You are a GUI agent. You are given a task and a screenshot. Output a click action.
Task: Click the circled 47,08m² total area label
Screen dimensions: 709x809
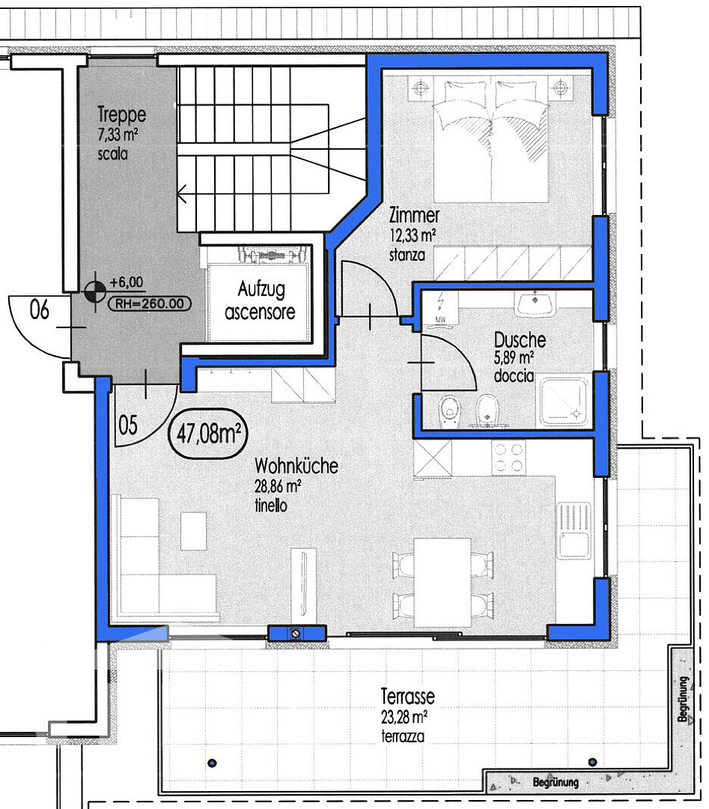tap(208, 434)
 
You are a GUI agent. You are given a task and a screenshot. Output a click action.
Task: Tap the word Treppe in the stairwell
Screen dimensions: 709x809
tap(122, 114)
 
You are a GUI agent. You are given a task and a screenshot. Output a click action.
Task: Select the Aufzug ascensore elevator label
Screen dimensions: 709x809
tap(260, 300)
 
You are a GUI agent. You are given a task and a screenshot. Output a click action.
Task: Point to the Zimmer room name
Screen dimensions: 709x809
tap(414, 215)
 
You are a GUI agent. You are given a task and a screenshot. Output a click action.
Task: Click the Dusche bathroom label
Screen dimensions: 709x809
tap(520, 340)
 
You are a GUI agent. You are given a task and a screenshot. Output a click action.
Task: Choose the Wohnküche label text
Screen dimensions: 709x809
tap(296, 466)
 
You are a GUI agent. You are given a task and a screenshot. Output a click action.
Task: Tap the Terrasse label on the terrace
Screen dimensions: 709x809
tap(408, 697)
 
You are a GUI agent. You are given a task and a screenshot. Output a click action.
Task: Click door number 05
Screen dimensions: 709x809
tap(128, 425)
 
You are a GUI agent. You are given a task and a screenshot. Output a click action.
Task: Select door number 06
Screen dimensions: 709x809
tap(39, 309)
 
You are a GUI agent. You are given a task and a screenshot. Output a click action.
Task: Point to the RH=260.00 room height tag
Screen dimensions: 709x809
tap(150, 303)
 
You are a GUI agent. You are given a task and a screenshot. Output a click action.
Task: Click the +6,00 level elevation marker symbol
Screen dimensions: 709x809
tap(94, 292)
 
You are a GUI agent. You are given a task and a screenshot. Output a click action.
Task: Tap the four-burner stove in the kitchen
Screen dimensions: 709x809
tap(508, 458)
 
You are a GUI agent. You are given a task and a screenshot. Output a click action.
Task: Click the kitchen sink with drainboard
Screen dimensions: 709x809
tap(574, 530)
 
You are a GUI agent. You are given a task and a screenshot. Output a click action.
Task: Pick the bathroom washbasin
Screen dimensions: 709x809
tap(535, 303)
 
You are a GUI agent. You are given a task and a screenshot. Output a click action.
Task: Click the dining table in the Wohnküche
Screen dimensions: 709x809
tap(442, 583)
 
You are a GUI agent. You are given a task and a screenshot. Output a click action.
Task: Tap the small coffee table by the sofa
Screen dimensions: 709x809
tap(193, 531)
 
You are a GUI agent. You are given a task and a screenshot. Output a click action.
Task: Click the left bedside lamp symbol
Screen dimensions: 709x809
tap(422, 88)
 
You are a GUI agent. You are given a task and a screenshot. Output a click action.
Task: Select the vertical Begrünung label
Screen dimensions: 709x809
tap(684, 699)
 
